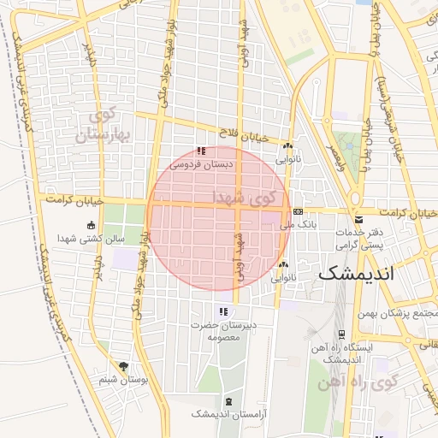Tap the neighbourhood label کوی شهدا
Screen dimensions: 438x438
(248, 198)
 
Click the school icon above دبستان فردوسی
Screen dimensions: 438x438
(201, 151)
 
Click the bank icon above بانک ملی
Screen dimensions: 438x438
(297, 211)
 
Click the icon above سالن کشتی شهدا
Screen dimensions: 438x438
(92, 226)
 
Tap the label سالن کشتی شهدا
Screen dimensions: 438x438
(92, 239)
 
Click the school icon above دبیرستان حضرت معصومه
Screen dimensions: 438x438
(223, 311)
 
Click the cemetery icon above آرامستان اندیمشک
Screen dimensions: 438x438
(228, 400)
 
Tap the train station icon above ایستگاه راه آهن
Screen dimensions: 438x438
(342, 334)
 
